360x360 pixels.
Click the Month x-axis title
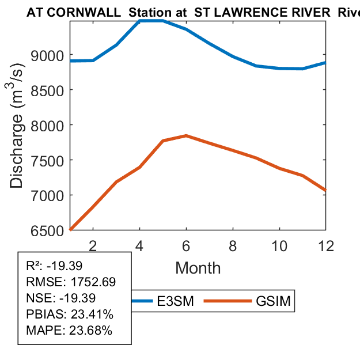(198, 267)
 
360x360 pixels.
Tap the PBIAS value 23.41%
(92, 314)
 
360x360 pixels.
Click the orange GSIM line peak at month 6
(186, 135)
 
